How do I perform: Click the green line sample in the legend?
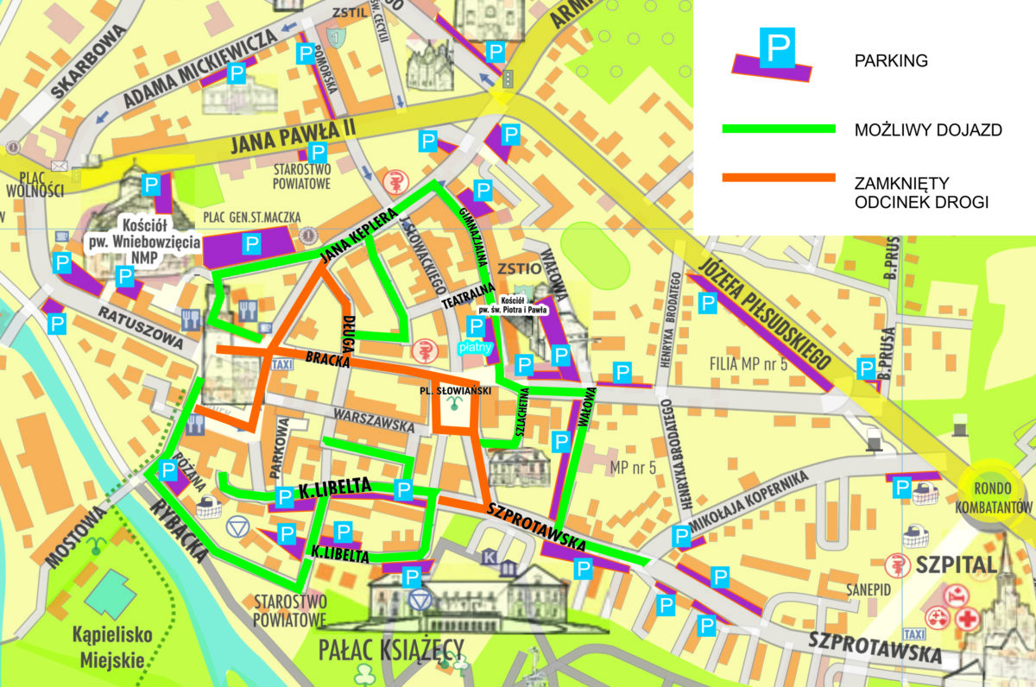click(x=778, y=129)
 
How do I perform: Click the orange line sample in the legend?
click(x=778, y=178)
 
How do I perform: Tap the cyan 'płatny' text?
click(x=475, y=348)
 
